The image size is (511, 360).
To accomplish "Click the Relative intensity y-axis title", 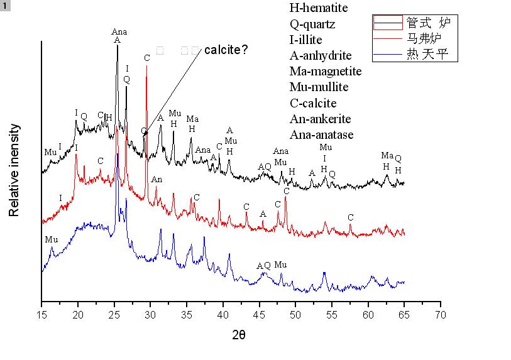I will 14,170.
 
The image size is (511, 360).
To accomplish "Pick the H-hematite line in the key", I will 319,9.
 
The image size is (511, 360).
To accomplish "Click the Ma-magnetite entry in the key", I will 326,71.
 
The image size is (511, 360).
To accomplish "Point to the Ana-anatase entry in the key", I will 321,134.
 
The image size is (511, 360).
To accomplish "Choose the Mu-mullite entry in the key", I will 319,87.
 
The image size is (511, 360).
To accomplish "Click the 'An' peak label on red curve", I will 157,180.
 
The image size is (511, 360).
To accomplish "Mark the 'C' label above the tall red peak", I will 146,58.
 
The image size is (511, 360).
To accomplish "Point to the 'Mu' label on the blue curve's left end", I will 50,239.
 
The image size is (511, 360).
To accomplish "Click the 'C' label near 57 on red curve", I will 350,217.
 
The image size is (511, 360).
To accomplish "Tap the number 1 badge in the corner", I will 6,6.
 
